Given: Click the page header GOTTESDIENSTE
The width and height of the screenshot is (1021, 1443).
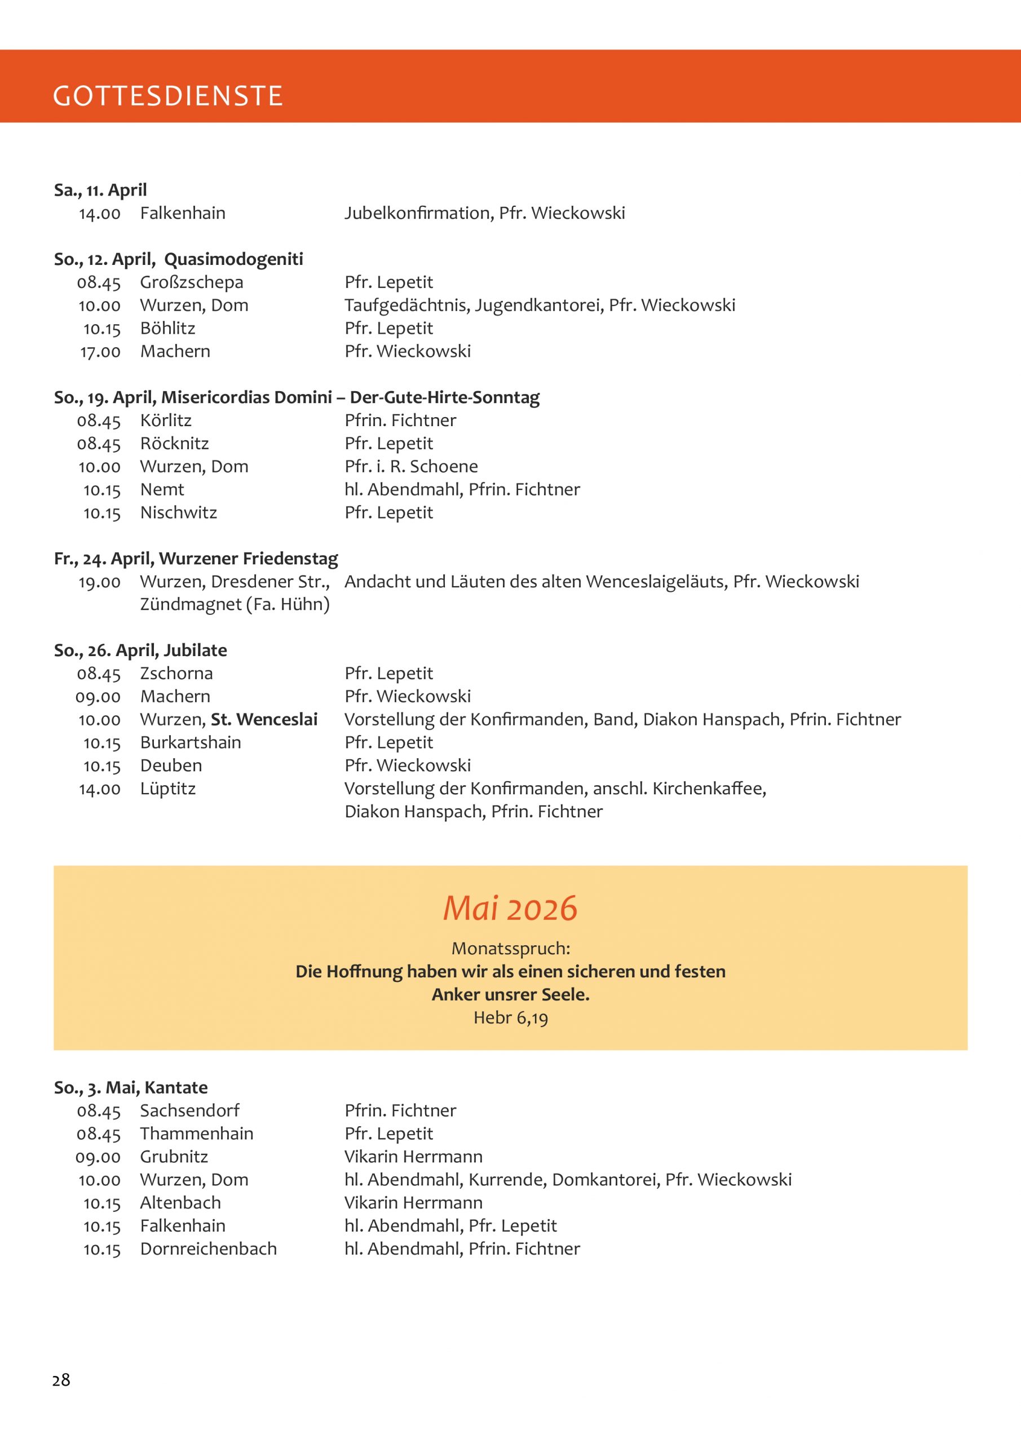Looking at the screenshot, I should tap(168, 95).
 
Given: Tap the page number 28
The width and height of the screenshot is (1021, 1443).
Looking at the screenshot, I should tap(61, 1379).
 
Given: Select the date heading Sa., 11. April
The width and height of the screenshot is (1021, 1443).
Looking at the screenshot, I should tap(100, 190).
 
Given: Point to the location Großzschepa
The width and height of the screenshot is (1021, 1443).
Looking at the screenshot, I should tap(191, 282).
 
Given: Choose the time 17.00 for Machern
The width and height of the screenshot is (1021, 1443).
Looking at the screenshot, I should tap(100, 352).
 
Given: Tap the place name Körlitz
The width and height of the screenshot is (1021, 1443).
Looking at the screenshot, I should tap(165, 420).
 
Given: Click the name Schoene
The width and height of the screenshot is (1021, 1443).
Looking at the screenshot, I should tap(443, 466).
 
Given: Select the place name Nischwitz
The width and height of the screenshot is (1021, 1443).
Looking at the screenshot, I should tap(179, 513).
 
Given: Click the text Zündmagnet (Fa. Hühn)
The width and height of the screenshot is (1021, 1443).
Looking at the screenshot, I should tap(235, 605).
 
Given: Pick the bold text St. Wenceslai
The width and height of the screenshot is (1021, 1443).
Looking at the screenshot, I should tap(264, 720).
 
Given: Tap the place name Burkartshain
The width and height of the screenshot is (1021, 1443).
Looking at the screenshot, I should tap(191, 743).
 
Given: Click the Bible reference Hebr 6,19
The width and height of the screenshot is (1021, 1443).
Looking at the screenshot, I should tap(511, 1017).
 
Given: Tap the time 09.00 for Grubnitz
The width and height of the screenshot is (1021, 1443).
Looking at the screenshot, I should tap(98, 1157).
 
